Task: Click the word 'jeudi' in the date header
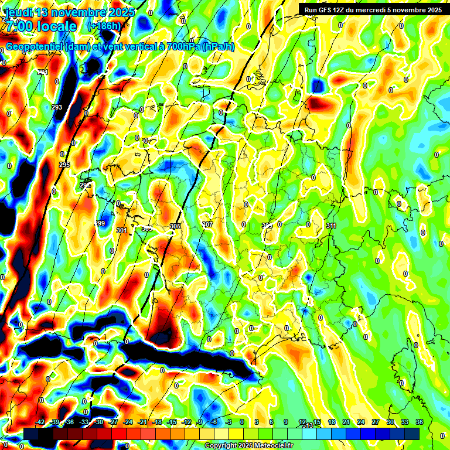(19, 12)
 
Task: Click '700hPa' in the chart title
(179, 47)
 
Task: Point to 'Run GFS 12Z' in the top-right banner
(328, 9)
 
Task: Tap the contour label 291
(42, 72)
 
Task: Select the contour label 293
(57, 107)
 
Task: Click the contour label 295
(64, 165)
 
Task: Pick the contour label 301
(121, 230)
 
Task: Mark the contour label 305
(175, 226)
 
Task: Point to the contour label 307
(207, 224)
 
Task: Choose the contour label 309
(267, 225)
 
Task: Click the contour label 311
(331, 226)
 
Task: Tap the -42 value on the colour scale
(40, 422)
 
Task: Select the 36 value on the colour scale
(420, 422)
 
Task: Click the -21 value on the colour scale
(143, 422)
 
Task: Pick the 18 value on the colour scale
(332, 422)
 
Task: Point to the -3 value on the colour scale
(228, 422)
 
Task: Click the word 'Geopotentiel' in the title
(35, 47)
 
